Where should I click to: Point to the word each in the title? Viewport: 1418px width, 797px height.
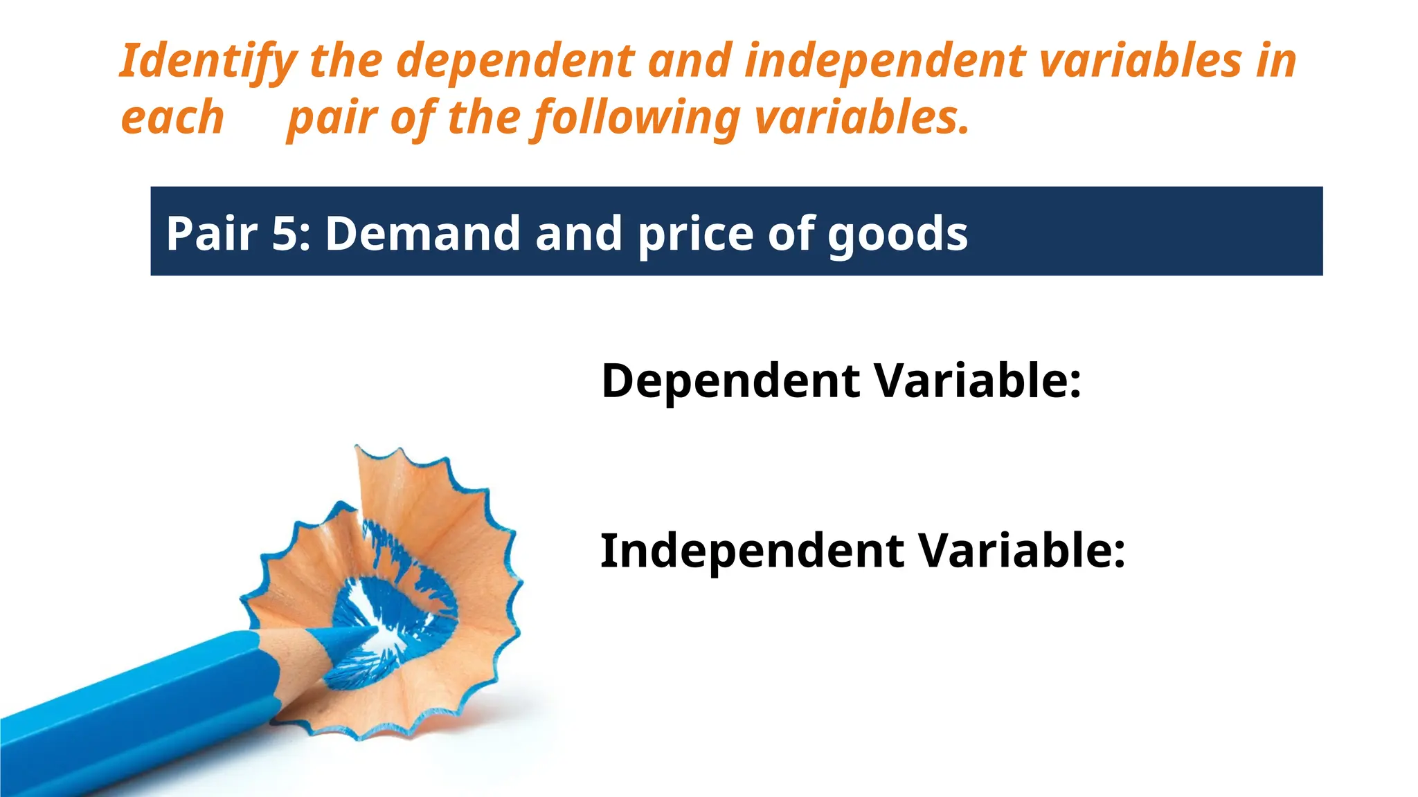pyautogui.click(x=172, y=118)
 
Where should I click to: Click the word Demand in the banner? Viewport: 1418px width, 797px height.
pyautogui.click(x=422, y=233)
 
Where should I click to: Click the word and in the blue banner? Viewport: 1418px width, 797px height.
pyautogui.click(x=579, y=233)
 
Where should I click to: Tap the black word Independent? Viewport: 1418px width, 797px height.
pyautogui.click(x=752, y=552)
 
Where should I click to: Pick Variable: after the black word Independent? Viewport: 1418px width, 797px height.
pyautogui.click(x=1022, y=551)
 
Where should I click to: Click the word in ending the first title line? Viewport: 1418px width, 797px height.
pyautogui.click(x=1277, y=61)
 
